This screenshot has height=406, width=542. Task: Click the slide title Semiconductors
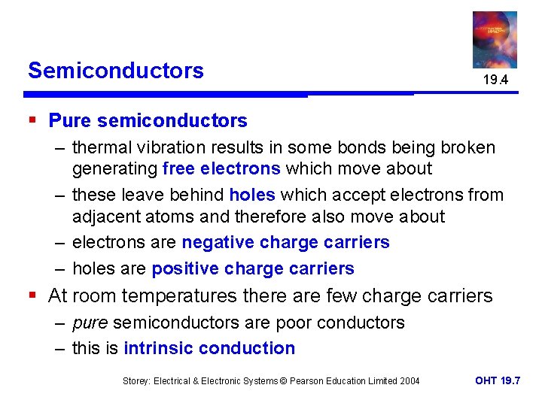click(x=115, y=71)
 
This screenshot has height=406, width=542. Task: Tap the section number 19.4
click(x=495, y=79)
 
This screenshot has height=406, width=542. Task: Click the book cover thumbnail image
click(x=495, y=39)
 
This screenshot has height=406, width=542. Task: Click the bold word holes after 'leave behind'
click(x=251, y=195)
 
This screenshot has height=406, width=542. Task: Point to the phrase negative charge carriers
click(x=286, y=242)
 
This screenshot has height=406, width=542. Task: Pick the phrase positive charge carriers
click(x=253, y=268)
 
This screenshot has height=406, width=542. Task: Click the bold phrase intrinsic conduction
click(x=209, y=348)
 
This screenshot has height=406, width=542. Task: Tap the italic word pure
click(x=89, y=323)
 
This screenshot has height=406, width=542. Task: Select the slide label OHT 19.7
click(x=498, y=380)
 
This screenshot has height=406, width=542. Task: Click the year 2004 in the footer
click(x=409, y=381)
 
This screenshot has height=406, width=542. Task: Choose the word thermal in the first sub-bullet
click(x=100, y=147)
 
